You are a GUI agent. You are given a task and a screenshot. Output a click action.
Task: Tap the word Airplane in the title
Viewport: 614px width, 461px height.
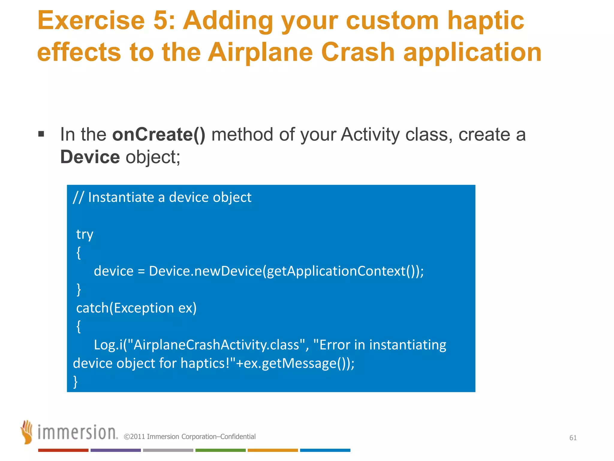(x=260, y=52)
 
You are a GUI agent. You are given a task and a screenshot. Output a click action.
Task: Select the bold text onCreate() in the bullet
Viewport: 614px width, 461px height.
(x=159, y=134)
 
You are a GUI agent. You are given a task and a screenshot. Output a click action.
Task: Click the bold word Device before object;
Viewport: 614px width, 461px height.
(x=90, y=157)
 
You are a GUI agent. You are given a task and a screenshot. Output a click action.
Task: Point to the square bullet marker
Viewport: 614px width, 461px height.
(x=41, y=134)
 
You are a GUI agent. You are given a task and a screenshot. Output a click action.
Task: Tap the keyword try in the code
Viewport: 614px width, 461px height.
(x=85, y=234)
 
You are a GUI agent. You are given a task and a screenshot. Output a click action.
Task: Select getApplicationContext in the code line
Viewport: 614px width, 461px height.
(x=336, y=271)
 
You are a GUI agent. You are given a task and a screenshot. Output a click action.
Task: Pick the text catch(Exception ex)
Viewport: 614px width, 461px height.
(x=136, y=308)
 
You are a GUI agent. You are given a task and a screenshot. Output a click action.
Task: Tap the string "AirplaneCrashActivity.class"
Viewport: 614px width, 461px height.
(x=216, y=345)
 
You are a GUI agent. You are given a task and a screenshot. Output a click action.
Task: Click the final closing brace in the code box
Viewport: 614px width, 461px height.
(x=76, y=382)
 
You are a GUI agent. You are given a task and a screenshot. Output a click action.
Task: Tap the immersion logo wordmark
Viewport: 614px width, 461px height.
(x=77, y=432)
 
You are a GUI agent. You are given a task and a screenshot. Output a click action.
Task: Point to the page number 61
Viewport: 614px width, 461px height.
(x=573, y=438)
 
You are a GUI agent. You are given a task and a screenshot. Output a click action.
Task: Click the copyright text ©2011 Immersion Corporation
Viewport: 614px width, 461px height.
(x=189, y=437)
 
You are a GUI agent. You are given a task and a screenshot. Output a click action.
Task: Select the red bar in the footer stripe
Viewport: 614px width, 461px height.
(x=63, y=450)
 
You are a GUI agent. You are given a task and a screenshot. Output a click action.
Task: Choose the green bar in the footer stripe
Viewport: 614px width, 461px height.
(x=220, y=450)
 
